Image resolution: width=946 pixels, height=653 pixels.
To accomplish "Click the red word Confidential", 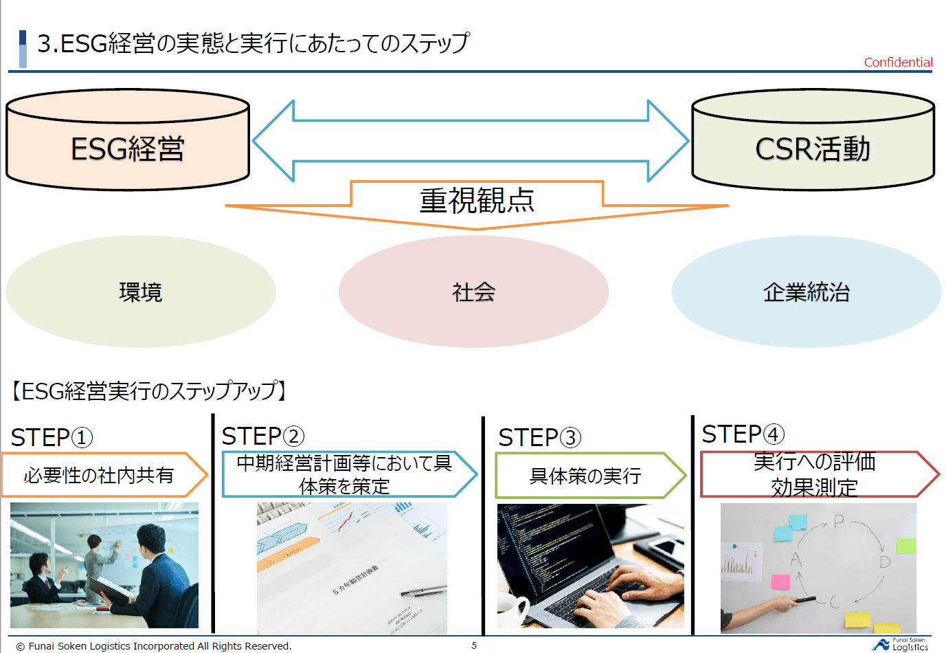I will click(x=898, y=63).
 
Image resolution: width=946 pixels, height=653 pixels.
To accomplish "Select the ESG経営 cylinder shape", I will click(x=128, y=148).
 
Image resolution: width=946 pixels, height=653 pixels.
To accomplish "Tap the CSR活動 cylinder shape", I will click(x=813, y=148).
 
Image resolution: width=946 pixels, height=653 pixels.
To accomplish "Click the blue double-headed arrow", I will click(x=471, y=141).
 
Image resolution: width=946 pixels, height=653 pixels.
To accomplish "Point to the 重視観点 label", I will click(x=477, y=200).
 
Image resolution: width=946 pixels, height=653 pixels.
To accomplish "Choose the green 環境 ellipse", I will click(x=141, y=292).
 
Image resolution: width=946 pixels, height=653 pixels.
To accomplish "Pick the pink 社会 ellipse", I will click(x=473, y=292).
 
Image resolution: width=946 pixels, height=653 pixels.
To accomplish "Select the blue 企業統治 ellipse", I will click(x=806, y=292).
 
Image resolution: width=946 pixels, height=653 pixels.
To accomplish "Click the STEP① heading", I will click(x=52, y=437).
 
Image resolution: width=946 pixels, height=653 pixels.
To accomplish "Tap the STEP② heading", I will click(x=263, y=436).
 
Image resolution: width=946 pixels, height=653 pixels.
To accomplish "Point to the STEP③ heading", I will click(x=540, y=437).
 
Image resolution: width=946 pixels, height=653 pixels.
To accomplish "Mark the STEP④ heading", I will click(x=743, y=434).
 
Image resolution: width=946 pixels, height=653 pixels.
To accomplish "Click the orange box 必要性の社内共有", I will click(x=100, y=475).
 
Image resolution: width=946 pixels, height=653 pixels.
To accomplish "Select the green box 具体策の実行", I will click(x=586, y=476).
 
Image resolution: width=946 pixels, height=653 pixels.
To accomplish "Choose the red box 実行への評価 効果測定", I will click(x=814, y=474).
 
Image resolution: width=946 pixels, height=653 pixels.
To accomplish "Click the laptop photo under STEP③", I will click(x=590, y=566).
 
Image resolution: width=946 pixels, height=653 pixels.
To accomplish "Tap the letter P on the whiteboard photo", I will click(x=838, y=522).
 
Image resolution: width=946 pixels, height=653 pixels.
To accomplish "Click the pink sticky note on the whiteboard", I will click(x=780, y=582).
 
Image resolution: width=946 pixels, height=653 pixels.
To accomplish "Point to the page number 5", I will click(x=474, y=645).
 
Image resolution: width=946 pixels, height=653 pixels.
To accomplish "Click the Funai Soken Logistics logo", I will click(x=901, y=645).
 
